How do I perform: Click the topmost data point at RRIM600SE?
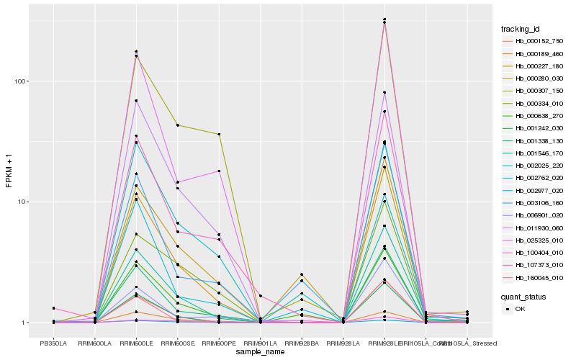pos(177,125)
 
